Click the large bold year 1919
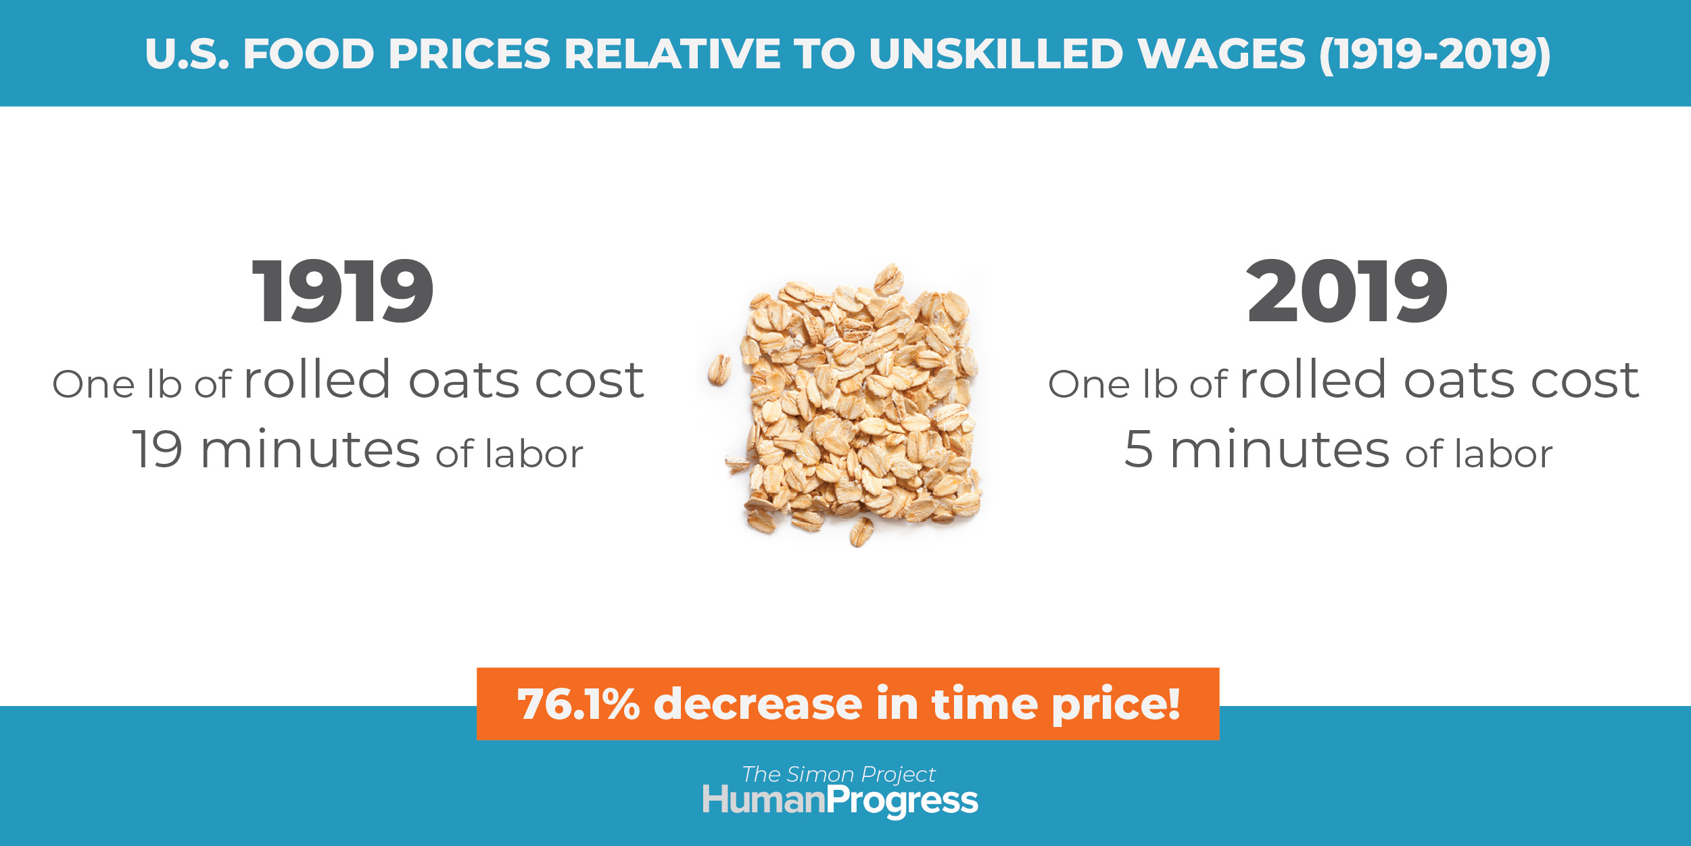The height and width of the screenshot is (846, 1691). click(343, 291)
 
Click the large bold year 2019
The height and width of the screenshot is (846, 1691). click(1347, 291)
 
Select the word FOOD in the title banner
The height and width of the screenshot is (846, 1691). click(308, 54)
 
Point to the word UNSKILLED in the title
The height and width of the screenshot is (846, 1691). click(996, 54)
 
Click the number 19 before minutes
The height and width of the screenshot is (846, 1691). click(158, 449)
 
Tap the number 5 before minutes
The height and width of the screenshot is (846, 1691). click(1139, 449)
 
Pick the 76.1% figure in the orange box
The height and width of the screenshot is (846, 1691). click(578, 704)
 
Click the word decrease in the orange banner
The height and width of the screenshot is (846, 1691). click(757, 704)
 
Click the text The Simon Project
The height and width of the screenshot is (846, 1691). click(838, 774)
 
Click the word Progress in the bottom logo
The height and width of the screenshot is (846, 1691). click(903, 802)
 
